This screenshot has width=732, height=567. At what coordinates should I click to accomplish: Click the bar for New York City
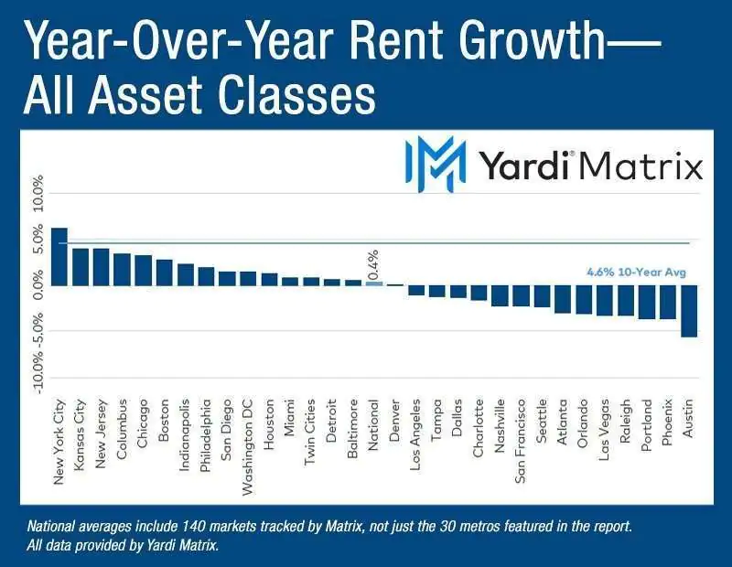59,257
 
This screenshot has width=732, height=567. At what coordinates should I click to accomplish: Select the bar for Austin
689,311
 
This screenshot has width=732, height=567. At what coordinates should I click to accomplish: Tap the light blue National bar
374,283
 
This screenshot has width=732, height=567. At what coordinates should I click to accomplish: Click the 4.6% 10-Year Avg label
636,272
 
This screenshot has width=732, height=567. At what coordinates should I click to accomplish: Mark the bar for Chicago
144,271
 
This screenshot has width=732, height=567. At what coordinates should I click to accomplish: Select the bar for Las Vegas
605,300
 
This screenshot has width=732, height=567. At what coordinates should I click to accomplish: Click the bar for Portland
647,302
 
